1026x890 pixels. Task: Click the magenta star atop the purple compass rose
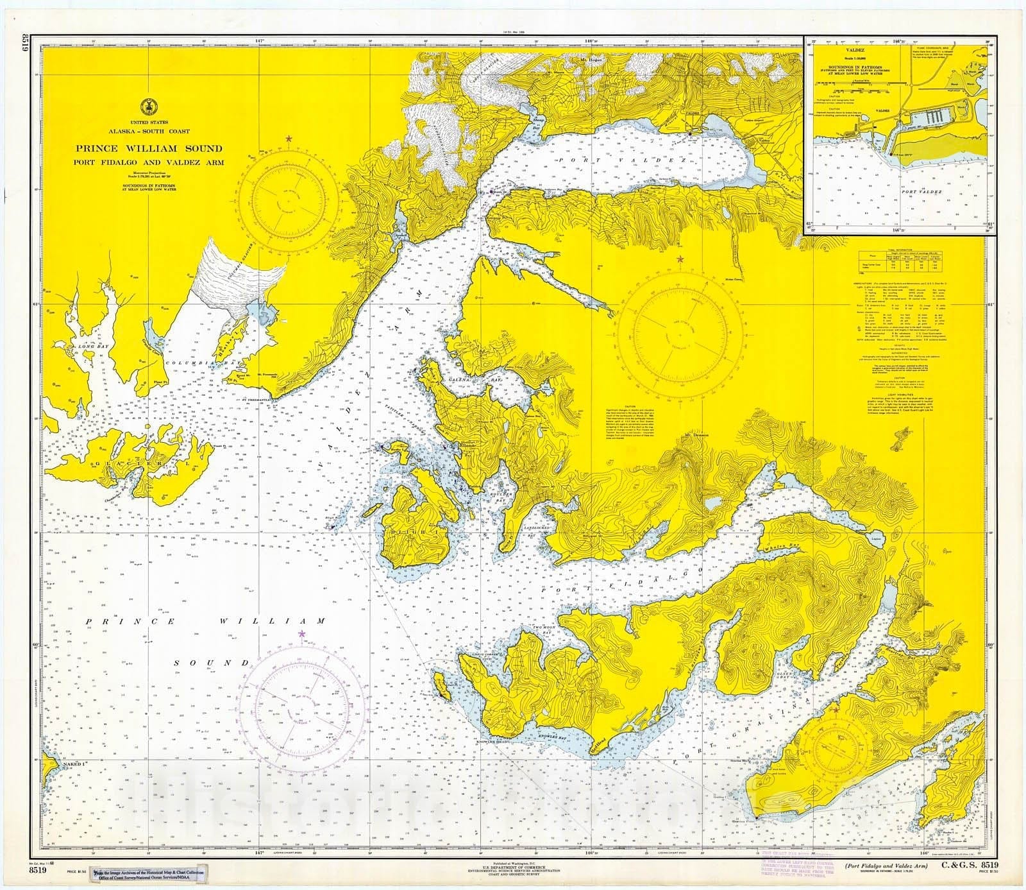(x=302, y=634)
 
